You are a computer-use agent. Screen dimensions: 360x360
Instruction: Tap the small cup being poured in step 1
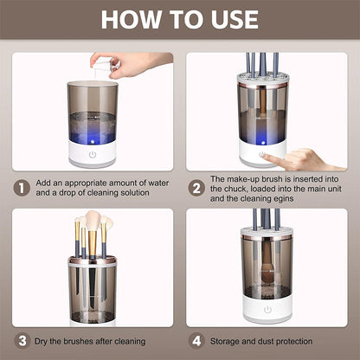(x=103, y=67)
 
